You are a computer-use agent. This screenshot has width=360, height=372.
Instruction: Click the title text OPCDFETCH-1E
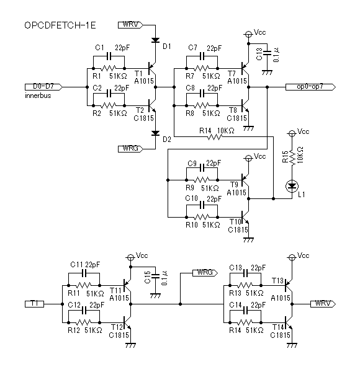[60, 25]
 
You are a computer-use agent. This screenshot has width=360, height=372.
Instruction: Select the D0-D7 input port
[43, 87]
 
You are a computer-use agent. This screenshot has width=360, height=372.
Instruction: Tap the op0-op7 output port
[310, 87]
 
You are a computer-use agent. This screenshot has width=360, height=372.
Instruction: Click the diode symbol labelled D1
[155, 40]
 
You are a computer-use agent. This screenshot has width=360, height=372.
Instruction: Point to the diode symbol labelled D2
[155, 133]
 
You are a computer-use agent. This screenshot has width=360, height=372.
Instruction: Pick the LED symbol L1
[292, 186]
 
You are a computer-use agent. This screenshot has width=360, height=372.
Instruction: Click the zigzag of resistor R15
[292, 157]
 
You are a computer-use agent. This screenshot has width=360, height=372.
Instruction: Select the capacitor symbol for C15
[155, 276]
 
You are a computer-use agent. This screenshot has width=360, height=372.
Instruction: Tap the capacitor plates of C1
[109, 56]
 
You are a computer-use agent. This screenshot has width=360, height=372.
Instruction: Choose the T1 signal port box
[34, 304]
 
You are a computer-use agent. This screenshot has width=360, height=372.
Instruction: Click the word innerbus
[38, 95]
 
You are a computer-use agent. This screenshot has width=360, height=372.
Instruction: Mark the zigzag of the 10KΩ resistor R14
[215, 137]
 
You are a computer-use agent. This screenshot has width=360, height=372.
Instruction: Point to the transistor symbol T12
[127, 322]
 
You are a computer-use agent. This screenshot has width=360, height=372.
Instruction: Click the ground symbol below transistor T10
[249, 240]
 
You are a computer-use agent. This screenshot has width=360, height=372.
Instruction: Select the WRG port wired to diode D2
[130, 149]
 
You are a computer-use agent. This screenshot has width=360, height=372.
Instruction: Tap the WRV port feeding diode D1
[130, 25]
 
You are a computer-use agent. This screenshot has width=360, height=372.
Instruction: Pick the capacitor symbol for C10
[202, 205]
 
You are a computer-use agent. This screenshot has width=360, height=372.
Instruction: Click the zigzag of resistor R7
[202, 69]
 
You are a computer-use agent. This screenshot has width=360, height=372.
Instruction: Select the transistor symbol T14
[289, 323]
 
